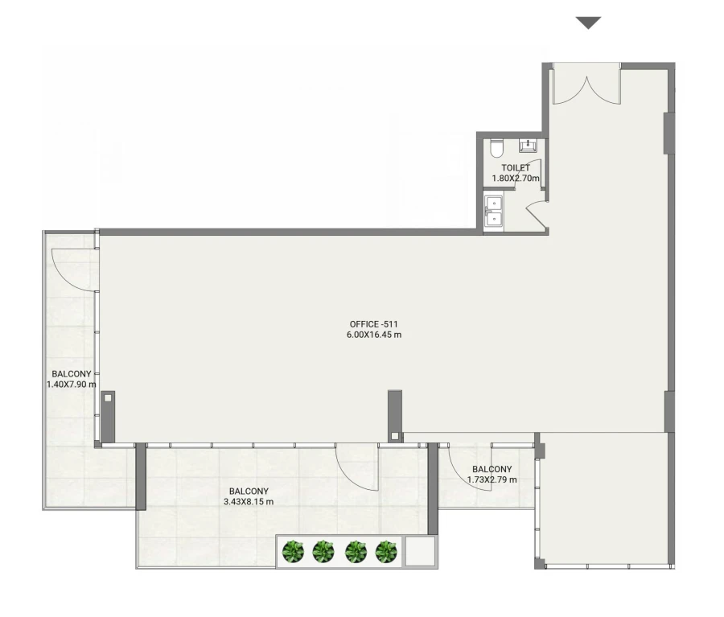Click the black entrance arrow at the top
coord(589,23)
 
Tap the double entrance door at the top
coord(586,86)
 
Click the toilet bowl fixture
coord(497,150)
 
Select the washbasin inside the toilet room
coord(529,146)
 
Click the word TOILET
coord(516,168)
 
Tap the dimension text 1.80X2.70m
coord(516,179)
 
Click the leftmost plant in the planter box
coord(294,552)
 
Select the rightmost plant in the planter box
coord(386,552)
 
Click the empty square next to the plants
coord(419,551)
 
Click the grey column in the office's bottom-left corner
coord(108,416)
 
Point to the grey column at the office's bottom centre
coord(394,415)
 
